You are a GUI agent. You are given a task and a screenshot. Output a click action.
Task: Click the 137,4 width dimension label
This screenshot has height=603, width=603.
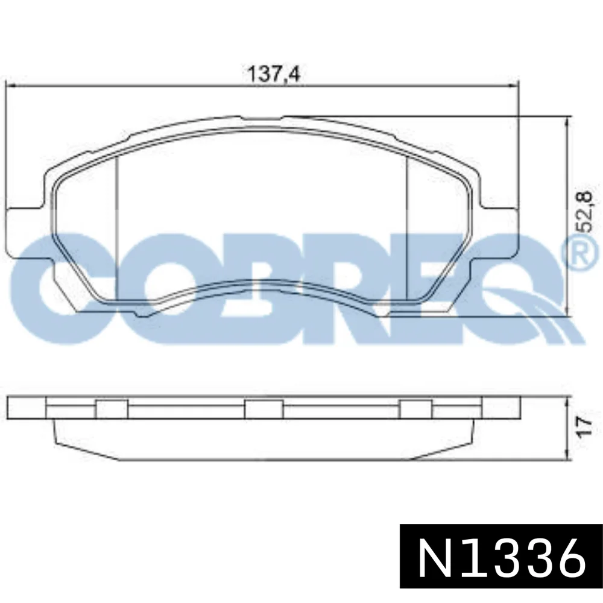(x=273, y=73)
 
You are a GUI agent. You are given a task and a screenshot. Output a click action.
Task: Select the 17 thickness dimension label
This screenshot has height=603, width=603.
(x=584, y=426)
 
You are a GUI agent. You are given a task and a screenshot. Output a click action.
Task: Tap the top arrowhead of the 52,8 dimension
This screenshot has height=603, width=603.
(x=567, y=120)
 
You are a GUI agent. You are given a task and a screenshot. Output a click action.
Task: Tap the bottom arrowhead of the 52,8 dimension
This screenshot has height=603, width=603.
(x=567, y=312)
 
